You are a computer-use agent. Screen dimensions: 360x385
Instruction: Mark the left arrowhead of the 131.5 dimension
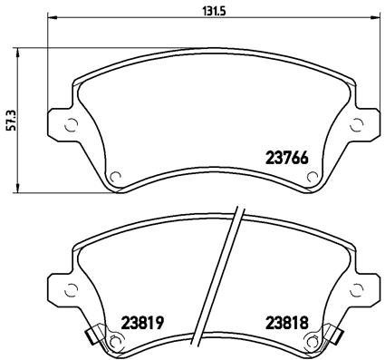(x=48, y=17)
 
